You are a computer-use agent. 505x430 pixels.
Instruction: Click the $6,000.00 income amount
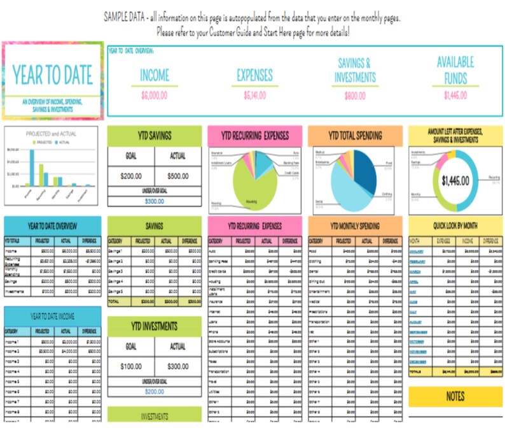click(154, 96)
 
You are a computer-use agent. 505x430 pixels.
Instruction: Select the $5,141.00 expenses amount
click(254, 96)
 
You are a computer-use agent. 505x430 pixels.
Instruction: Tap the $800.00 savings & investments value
click(355, 96)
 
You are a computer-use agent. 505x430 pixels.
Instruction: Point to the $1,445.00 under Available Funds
click(455, 96)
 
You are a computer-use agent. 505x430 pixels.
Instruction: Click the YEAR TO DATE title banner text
click(52, 75)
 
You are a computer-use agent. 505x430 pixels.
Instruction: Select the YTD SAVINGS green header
click(154, 136)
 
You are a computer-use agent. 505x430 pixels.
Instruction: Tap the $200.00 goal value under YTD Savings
click(130, 176)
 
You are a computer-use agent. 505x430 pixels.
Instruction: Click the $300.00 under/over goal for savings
click(154, 201)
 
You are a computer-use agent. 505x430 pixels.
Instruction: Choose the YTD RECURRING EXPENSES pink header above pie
click(254, 136)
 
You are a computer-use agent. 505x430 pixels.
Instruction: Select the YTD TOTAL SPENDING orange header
click(355, 136)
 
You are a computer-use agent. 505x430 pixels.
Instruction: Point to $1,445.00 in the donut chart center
click(455, 181)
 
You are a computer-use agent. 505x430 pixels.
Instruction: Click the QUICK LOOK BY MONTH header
click(455, 225)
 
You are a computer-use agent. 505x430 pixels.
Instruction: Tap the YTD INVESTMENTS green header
click(154, 326)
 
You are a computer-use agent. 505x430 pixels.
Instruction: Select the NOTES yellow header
click(455, 396)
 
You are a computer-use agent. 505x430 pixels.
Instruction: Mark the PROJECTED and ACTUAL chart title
click(51, 134)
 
